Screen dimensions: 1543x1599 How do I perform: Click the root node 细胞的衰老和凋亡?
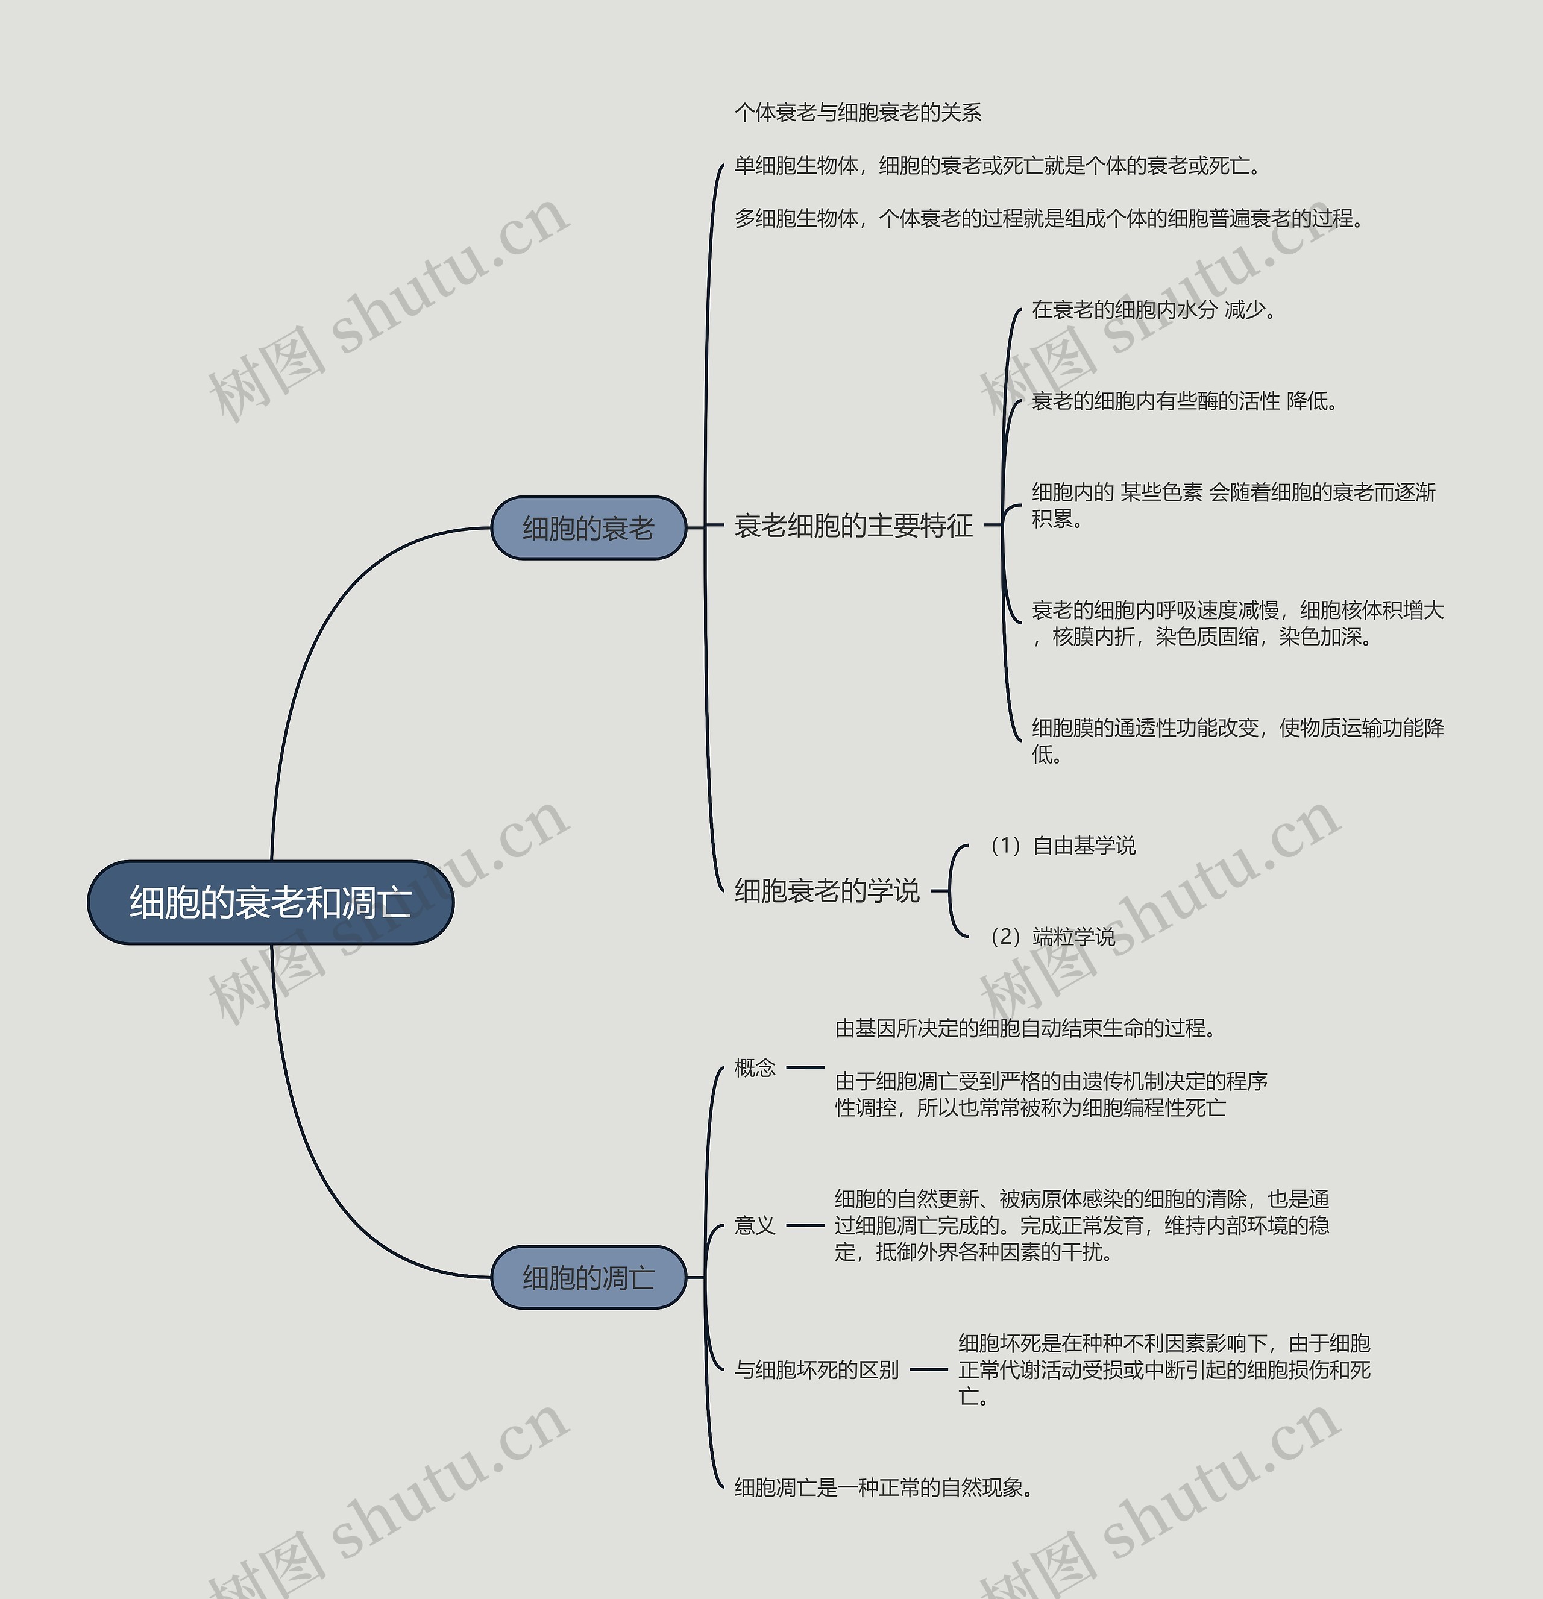click(270, 902)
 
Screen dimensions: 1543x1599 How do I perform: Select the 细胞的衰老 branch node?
click(588, 528)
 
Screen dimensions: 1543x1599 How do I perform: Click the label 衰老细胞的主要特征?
click(853, 526)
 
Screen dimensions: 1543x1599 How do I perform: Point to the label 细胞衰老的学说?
click(826, 890)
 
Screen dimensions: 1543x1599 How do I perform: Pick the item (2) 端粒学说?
click(1052, 937)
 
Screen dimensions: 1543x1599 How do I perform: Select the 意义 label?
click(755, 1225)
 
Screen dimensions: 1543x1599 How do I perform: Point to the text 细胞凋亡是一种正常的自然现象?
click(883, 1487)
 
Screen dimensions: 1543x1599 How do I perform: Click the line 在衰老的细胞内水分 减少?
click(1153, 310)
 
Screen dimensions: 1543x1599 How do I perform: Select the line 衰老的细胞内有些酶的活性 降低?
click(1183, 401)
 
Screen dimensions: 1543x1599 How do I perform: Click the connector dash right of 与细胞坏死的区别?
click(929, 1370)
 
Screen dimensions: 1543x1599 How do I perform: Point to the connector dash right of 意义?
click(805, 1225)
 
